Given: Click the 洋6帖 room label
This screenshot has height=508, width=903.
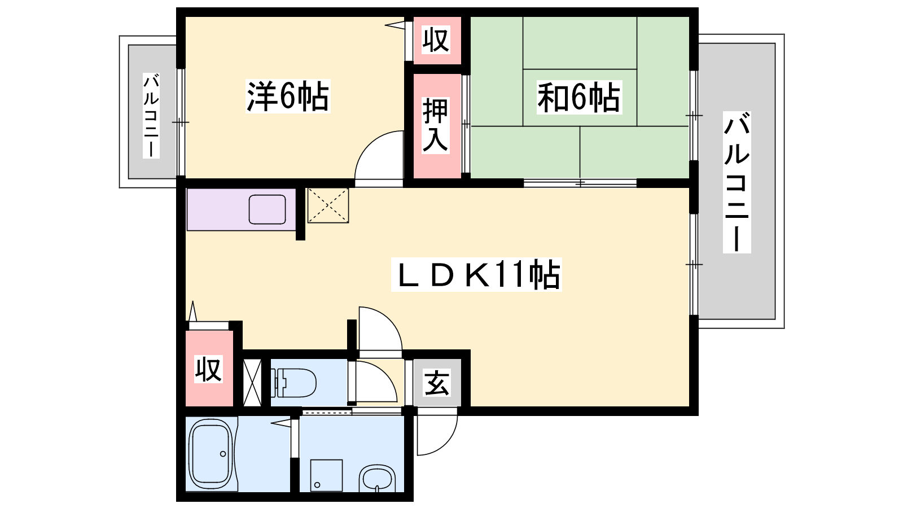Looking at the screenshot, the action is (x=288, y=96).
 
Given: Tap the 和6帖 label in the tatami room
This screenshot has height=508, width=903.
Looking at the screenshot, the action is (x=579, y=97).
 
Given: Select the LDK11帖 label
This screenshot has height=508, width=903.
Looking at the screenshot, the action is (x=476, y=274).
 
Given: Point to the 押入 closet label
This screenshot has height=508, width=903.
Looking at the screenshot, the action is (x=436, y=125).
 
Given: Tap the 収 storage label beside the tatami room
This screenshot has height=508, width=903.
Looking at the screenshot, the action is (x=436, y=40).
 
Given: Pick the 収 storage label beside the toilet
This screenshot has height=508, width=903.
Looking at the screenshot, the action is (x=208, y=369).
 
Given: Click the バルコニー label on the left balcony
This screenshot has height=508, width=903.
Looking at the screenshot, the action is (x=151, y=116).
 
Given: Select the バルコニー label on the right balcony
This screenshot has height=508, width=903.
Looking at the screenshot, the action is (x=737, y=182).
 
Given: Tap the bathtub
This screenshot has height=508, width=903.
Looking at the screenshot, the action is (x=211, y=454).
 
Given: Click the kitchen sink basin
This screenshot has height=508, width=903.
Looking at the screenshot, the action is (x=268, y=209).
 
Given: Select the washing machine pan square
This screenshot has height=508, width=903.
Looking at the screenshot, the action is (x=327, y=476).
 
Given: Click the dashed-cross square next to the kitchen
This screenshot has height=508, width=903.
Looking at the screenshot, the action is (x=328, y=205).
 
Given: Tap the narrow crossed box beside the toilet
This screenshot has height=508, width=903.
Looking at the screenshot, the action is (x=252, y=382).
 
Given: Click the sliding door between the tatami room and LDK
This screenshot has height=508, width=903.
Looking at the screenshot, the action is (x=580, y=183).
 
